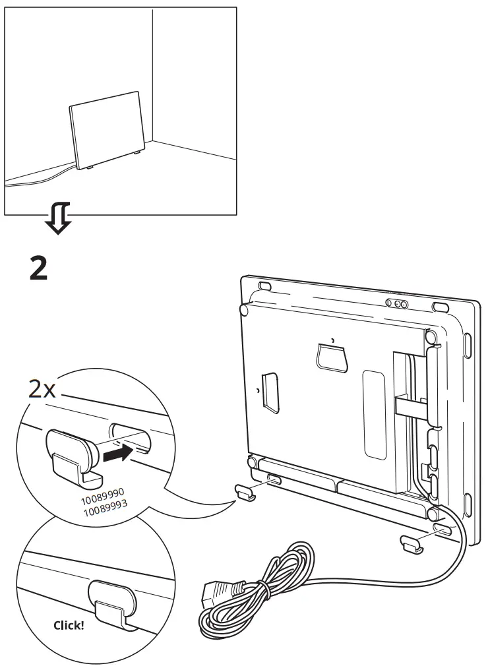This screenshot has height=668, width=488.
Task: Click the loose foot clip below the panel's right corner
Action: click(411, 543)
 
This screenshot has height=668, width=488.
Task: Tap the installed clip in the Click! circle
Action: click(115, 601)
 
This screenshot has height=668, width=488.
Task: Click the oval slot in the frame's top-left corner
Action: click(264, 286)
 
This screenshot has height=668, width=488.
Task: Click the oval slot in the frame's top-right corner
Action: click(439, 307)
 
